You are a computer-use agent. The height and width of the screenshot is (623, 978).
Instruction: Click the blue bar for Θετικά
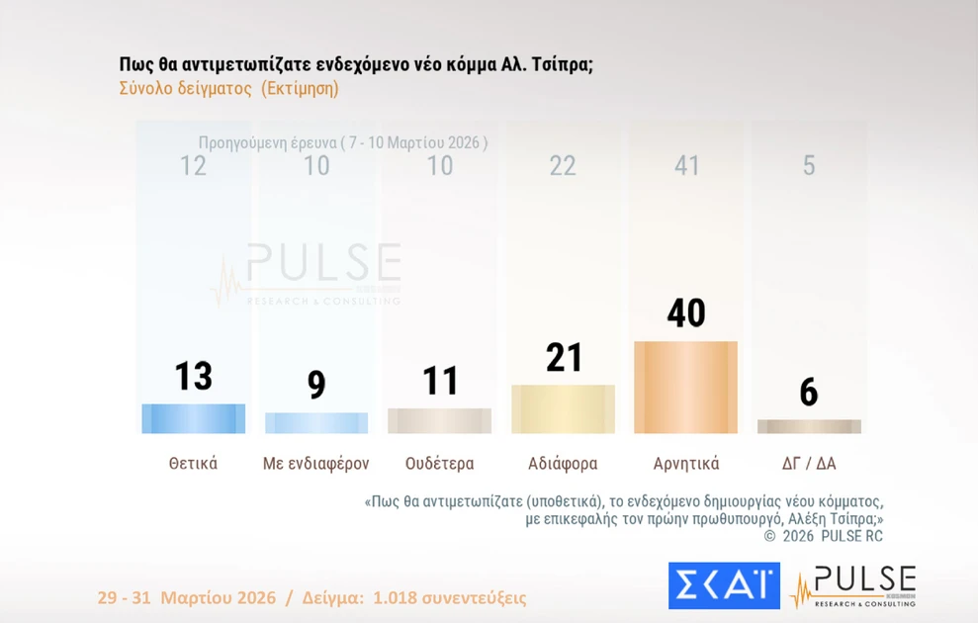coord(194,418)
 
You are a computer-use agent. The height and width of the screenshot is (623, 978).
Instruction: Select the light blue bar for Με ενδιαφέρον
coord(316,423)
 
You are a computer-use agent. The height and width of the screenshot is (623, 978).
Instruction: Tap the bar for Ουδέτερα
coord(439,420)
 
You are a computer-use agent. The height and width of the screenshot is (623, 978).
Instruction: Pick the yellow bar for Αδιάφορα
coord(563,409)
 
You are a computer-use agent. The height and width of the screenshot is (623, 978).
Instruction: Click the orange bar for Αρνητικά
coord(685,388)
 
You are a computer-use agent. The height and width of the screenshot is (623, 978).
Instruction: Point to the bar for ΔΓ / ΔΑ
coord(809,426)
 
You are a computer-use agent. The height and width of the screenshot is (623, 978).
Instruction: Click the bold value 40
coord(685,313)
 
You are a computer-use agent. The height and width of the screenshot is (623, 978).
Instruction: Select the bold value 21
coord(564,358)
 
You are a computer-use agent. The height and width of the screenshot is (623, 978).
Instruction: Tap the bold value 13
coord(194,377)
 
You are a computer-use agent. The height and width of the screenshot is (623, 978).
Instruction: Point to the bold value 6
coord(809,394)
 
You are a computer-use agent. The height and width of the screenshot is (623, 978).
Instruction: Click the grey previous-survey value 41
coord(685,165)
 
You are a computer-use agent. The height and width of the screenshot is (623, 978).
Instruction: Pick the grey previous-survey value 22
coord(563,165)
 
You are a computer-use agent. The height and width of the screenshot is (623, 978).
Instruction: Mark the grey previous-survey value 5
coord(809,165)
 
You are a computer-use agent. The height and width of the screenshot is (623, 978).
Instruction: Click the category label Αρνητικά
coord(686,463)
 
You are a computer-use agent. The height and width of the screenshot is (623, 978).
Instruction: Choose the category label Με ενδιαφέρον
coord(316,463)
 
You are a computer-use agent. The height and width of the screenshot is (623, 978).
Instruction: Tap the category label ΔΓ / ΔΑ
coord(809,463)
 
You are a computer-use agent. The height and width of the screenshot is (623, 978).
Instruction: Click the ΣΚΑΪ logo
coord(724,585)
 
